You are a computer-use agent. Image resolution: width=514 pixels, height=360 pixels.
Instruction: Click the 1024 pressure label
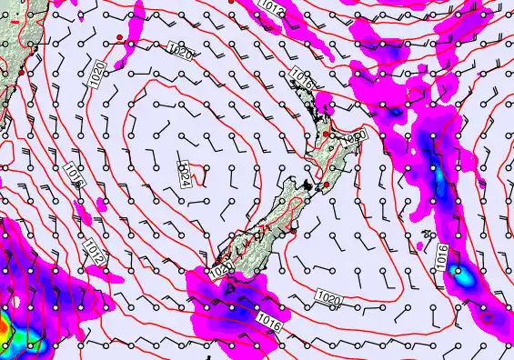click(x=184, y=173)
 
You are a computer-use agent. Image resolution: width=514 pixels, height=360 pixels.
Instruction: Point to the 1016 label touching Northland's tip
click(x=303, y=80)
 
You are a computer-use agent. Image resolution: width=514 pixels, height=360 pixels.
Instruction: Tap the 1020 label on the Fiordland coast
click(x=218, y=270)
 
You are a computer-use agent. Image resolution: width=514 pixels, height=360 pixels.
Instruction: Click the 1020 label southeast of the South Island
click(x=328, y=298)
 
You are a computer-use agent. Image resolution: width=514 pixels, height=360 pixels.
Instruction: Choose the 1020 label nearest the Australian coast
click(x=97, y=74)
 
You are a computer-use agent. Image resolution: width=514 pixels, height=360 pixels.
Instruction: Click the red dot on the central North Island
click(x=327, y=135)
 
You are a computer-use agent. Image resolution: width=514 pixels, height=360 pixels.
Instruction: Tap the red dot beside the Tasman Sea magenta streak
click(x=119, y=36)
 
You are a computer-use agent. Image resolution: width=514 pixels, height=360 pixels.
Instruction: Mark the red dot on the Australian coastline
click(x=20, y=72)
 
